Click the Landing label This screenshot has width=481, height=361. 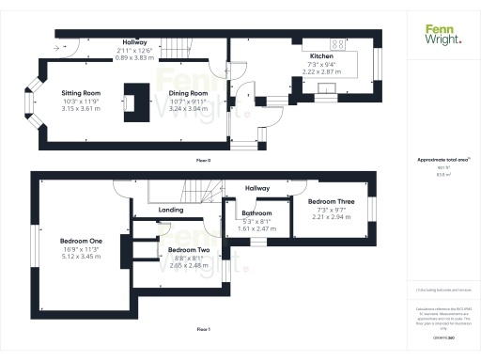(x=171, y=210)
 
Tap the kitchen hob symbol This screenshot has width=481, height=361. (x=335, y=43)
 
